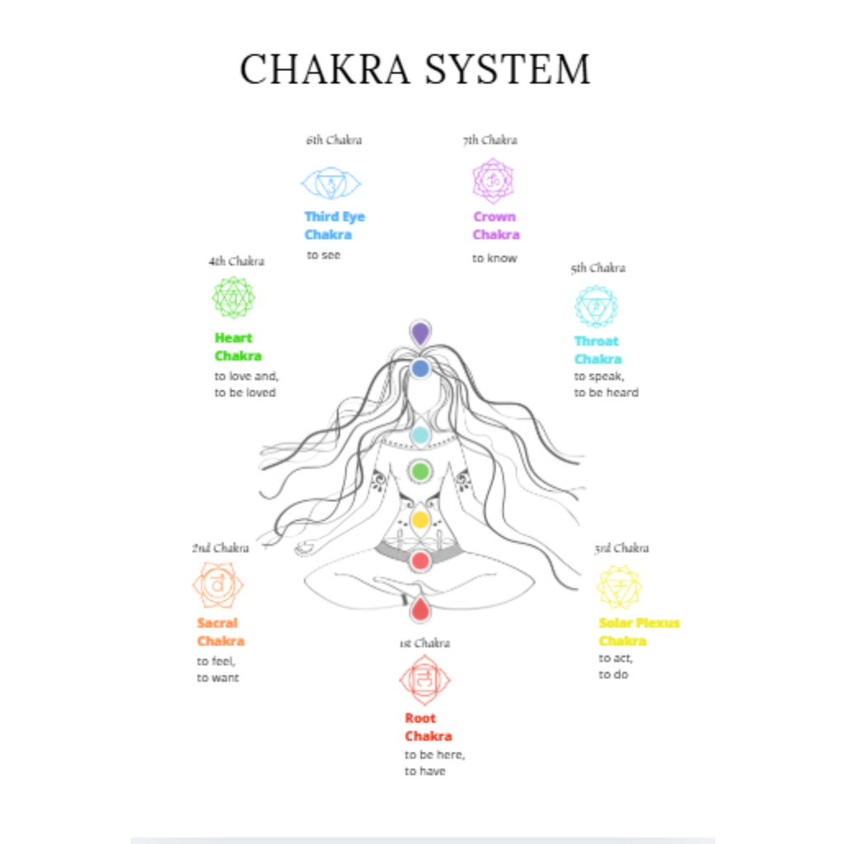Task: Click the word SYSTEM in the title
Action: [508, 69]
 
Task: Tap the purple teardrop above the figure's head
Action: [420, 333]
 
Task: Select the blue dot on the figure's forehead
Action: [420, 368]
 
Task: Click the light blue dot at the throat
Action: [420, 434]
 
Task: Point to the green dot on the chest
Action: [420, 471]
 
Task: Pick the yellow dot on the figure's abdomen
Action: [420, 520]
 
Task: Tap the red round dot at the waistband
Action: [420, 560]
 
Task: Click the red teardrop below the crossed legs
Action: [420, 609]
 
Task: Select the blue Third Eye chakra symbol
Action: [331, 183]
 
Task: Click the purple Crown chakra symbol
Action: [493, 181]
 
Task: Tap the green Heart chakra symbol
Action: [233, 297]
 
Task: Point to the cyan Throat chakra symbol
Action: [596, 307]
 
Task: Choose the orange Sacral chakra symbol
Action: [218, 584]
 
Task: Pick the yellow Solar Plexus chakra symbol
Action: [619, 587]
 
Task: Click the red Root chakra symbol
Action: [424, 680]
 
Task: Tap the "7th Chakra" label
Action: [490, 140]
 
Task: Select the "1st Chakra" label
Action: [424, 643]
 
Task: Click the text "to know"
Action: [495, 258]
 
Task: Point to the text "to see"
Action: [323, 256]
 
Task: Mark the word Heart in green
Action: [233, 338]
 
